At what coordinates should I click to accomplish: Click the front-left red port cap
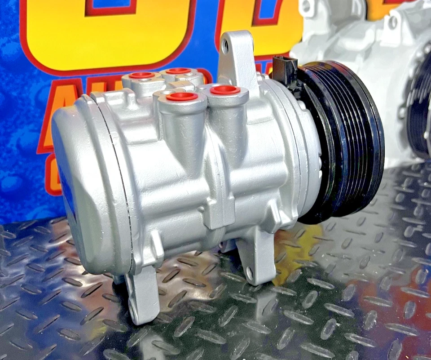(x=182, y=96)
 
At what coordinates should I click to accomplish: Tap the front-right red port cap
(x=225, y=90)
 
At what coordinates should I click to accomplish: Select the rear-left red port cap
(x=142, y=75)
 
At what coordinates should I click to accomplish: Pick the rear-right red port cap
(x=178, y=71)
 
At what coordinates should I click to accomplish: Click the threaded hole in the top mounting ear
(x=225, y=45)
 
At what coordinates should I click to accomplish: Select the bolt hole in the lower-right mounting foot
(x=250, y=273)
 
